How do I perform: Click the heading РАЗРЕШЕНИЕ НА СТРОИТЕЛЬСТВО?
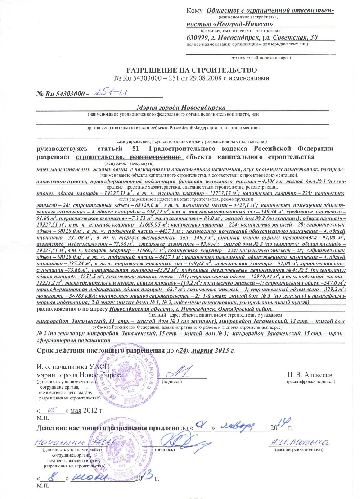point(192,70)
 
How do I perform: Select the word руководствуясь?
point(63,149)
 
